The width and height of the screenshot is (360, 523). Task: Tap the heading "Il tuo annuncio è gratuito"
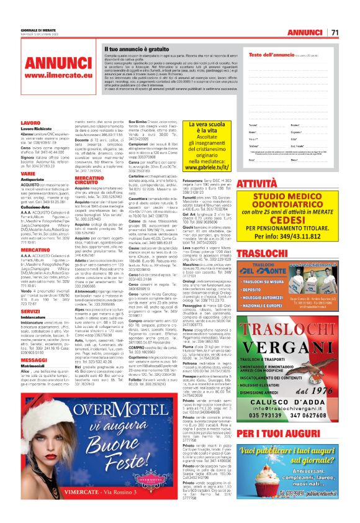coord(136,48)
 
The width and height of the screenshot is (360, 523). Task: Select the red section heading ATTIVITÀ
coord(259,184)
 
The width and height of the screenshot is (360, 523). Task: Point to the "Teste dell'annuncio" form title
coord(273,55)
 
